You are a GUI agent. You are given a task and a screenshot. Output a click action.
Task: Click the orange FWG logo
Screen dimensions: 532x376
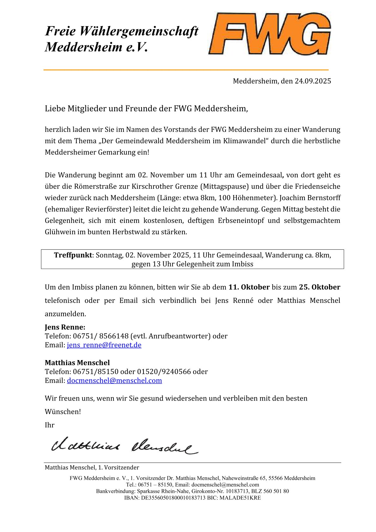tap(269, 34)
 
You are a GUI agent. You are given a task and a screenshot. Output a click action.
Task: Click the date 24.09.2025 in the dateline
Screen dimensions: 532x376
tap(313, 81)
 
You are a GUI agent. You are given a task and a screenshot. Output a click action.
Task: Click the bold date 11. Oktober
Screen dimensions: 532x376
tap(249, 287)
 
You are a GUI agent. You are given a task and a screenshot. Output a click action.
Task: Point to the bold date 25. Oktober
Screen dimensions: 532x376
tap(319, 287)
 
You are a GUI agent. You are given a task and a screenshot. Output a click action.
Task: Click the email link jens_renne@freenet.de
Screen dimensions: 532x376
tap(104, 345)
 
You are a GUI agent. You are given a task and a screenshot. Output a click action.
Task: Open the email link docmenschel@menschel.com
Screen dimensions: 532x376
tap(114, 381)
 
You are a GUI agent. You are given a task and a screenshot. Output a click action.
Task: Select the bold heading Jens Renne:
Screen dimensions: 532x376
tap(65, 327)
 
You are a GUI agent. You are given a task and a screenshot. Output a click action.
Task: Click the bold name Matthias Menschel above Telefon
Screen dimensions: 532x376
tap(77, 363)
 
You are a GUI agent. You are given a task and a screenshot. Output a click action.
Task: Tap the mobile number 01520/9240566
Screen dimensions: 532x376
tap(164, 372)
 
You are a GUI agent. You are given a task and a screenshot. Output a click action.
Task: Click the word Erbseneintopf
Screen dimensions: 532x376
tap(241, 221)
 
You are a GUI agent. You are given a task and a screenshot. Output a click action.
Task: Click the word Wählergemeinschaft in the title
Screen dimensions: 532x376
tap(139, 31)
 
